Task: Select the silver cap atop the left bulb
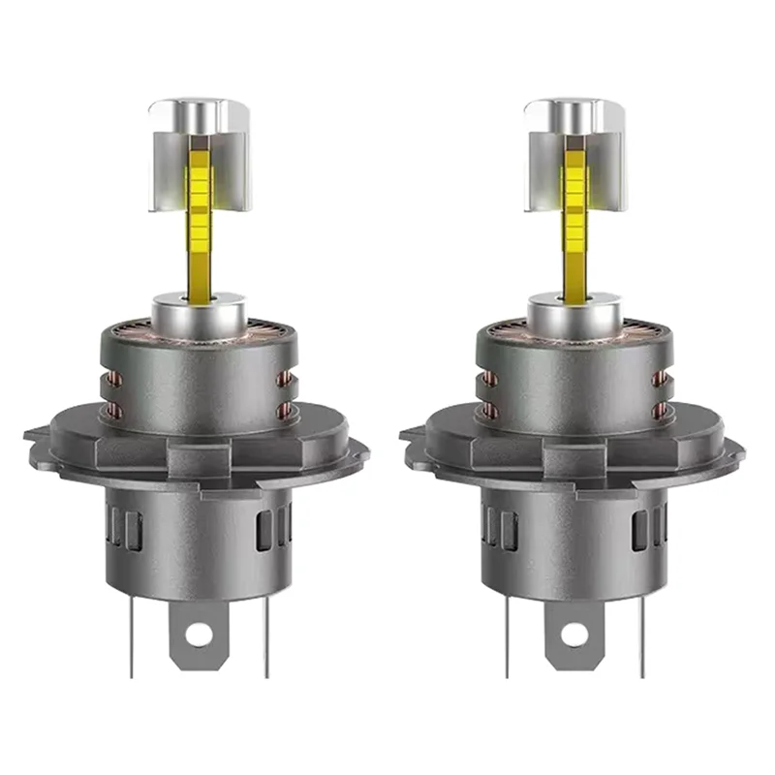(x=198, y=116)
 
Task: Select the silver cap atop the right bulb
(x=572, y=116)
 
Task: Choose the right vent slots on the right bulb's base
(x=647, y=528)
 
